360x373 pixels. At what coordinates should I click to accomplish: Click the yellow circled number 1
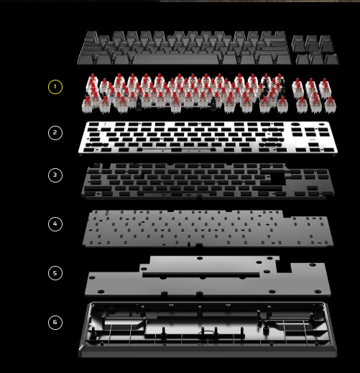click(x=55, y=87)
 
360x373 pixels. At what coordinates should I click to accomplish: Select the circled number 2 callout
click(x=55, y=133)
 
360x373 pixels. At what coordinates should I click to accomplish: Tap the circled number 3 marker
click(x=55, y=175)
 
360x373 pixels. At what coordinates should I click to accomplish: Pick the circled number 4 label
click(x=55, y=224)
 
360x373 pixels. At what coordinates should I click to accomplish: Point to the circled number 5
click(x=55, y=273)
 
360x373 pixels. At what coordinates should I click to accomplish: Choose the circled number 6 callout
click(x=55, y=323)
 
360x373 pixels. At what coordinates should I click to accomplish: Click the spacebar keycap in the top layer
click(x=176, y=60)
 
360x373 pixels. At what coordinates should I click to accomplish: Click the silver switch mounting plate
click(x=208, y=138)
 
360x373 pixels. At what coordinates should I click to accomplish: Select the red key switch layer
click(x=209, y=93)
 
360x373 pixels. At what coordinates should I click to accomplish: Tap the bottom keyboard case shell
click(x=208, y=330)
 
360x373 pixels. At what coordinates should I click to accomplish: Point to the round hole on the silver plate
click(x=295, y=124)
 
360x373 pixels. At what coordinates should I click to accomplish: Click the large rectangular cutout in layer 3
click(x=278, y=178)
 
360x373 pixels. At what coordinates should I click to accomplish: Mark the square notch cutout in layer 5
click(x=284, y=267)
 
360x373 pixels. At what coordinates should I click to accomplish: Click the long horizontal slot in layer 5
click(x=201, y=275)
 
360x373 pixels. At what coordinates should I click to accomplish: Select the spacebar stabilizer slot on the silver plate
click(x=176, y=150)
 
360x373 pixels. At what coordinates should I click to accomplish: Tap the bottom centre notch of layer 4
click(x=199, y=245)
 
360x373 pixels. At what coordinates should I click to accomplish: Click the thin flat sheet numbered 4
click(x=208, y=229)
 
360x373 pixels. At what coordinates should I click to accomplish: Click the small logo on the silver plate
click(x=312, y=139)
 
